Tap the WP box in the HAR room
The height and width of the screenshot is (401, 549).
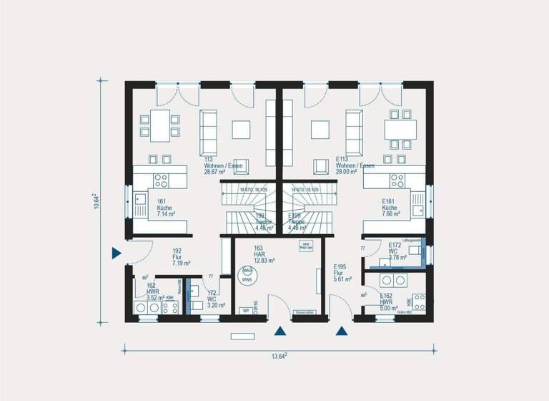[x=245, y=311]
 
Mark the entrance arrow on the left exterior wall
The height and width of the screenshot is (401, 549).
[x=116, y=253]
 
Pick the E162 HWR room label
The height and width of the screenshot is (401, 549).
[x=386, y=301]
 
